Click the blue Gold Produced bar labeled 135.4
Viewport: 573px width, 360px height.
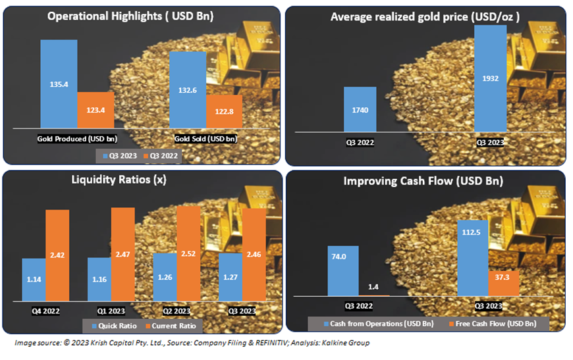(x=59, y=84)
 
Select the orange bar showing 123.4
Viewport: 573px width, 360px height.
(x=95, y=110)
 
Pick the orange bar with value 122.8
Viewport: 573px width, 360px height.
(x=224, y=111)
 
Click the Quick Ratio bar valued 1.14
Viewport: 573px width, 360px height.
(x=34, y=280)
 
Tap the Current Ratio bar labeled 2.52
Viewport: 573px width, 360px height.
(x=188, y=254)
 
